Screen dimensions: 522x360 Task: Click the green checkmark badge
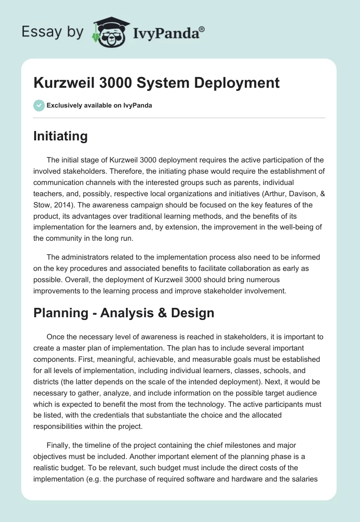[39, 105]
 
